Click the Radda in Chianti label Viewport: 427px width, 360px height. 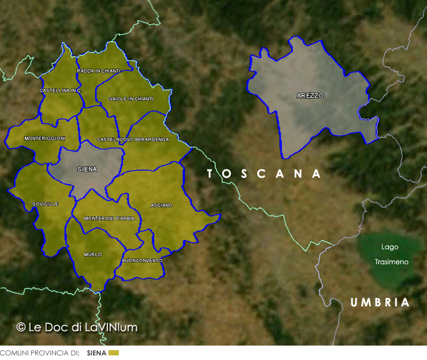(x=99, y=71)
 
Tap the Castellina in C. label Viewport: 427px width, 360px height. (x=61, y=91)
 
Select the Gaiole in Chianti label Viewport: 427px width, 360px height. (x=131, y=99)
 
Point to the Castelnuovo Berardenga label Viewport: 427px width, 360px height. (x=133, y=140)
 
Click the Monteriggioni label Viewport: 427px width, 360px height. (x=44, y=138)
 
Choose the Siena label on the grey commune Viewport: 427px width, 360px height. (x=87, y=170)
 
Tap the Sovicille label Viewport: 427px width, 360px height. (x=46, y=204)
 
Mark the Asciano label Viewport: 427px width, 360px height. (x=162, y=205)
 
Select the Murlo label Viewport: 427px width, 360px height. (x=93, y=254)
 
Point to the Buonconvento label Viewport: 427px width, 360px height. (x=142, y=261)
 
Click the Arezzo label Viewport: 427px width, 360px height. (x=310, y=96)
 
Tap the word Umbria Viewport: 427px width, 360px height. (x=380, y=302)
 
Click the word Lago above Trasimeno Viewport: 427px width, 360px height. (x=389, y=247)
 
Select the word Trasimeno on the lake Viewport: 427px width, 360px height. (x=391, y=262)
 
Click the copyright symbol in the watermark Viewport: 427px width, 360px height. (x=21, y=327)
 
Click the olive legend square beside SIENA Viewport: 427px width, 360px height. (x=113, y=352)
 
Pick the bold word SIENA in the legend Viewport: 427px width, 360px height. (x=96, y=352)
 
